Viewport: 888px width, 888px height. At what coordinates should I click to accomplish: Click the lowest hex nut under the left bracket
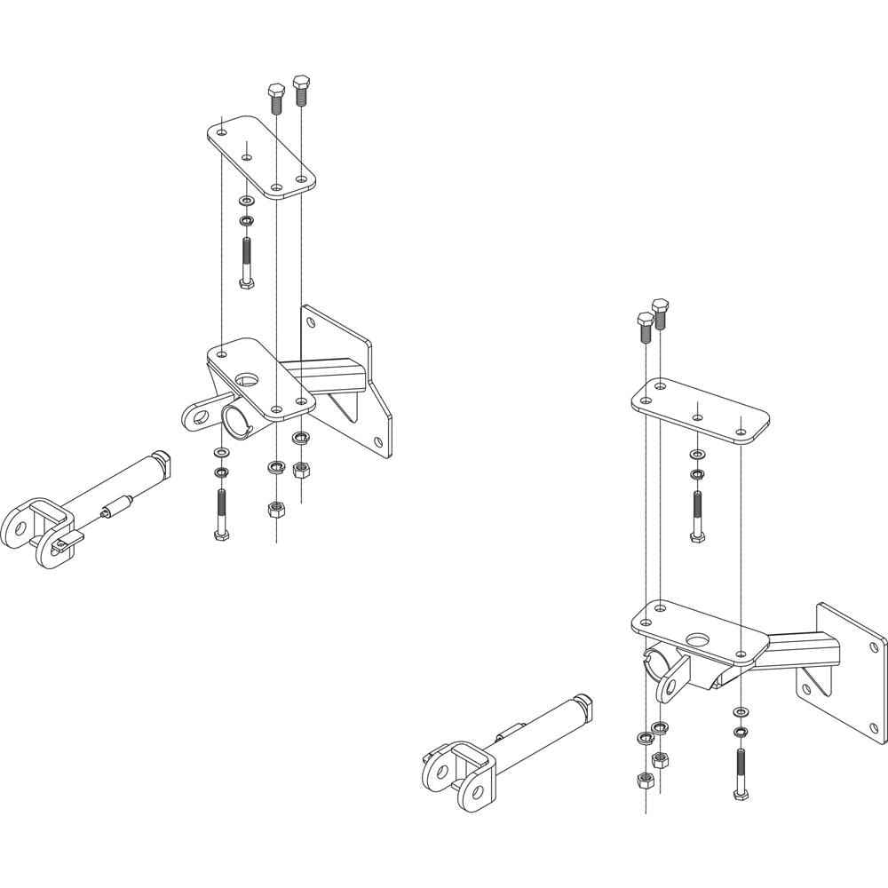[275, 509]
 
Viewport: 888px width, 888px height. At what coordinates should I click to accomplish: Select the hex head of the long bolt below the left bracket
[219, 535]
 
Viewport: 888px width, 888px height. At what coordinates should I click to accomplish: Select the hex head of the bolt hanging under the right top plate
[697, 536]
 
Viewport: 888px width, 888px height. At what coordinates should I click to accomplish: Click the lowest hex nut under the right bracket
[645, 780]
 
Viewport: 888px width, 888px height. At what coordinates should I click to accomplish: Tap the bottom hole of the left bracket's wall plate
[379, 441]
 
